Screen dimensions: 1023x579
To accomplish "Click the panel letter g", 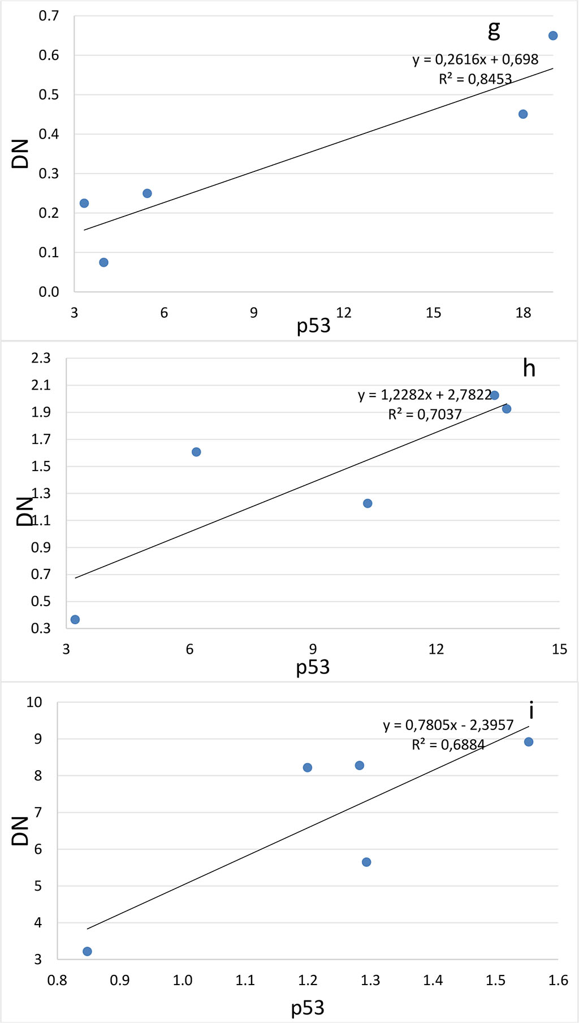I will click(494, 30).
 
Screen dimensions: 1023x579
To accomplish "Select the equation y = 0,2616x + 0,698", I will click(475, 59).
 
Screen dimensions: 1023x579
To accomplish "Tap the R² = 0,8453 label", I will click(475, 79).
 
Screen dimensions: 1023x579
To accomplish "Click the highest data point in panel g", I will click(553, 36).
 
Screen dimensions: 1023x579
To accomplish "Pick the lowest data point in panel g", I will click(103, 262).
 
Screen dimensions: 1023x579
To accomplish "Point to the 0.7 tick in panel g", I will click(49, 16).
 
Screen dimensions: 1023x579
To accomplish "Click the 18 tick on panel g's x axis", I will click(523, 313).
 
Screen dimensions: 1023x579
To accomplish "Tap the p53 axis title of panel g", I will click(313, 326).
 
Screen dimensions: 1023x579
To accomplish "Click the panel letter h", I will click(529, 369).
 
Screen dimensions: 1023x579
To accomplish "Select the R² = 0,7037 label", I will click(425, 415).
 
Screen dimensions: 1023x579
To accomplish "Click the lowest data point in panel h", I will click(75, 620).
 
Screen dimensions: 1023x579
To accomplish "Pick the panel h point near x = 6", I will click(196, 452).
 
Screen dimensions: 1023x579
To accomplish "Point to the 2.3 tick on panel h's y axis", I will click(41, 358).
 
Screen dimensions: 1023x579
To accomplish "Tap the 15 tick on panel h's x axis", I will click(559, 649).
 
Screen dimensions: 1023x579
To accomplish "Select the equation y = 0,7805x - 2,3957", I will click(448, 725).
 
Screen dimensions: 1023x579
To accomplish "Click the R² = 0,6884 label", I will click(448, 745).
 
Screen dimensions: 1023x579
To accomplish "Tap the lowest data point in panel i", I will click(87, 951).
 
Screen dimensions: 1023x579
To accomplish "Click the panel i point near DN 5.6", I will click(366, 862).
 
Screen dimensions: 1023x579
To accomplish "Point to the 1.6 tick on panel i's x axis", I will click(558, 980).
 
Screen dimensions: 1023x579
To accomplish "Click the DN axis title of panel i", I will click(20, 831).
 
